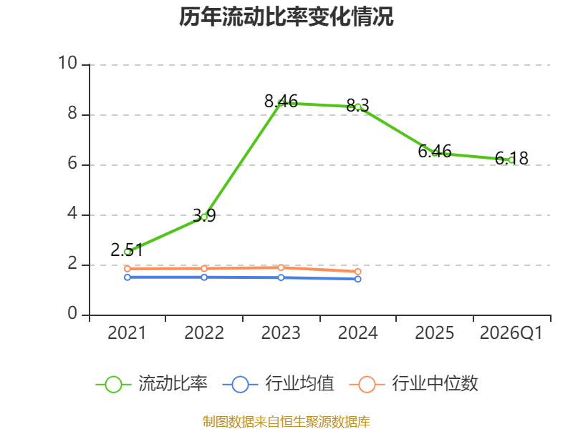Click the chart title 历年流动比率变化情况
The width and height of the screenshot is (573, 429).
286,16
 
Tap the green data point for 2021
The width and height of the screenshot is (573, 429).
127,252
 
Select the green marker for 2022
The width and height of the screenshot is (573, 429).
204,217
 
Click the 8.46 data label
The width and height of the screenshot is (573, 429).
281,101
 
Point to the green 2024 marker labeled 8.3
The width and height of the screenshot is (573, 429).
358,107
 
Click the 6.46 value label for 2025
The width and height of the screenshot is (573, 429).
435,151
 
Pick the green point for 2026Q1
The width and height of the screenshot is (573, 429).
511,159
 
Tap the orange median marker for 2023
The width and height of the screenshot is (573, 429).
281,267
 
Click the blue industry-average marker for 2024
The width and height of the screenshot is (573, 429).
358,279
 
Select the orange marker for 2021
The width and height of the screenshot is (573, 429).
127,269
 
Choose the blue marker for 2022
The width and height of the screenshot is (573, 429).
204,277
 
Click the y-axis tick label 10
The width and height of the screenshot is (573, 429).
67,63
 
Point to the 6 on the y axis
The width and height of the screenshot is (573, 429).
72,164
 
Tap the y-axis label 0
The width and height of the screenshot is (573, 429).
72,313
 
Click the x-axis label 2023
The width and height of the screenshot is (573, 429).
281,333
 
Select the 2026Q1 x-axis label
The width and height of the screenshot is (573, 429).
511,333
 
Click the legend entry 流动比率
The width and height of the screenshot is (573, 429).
152,384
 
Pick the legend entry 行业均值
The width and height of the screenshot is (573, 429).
278,384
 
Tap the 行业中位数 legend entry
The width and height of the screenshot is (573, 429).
414,384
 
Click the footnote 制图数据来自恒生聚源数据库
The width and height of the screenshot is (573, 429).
286,422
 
